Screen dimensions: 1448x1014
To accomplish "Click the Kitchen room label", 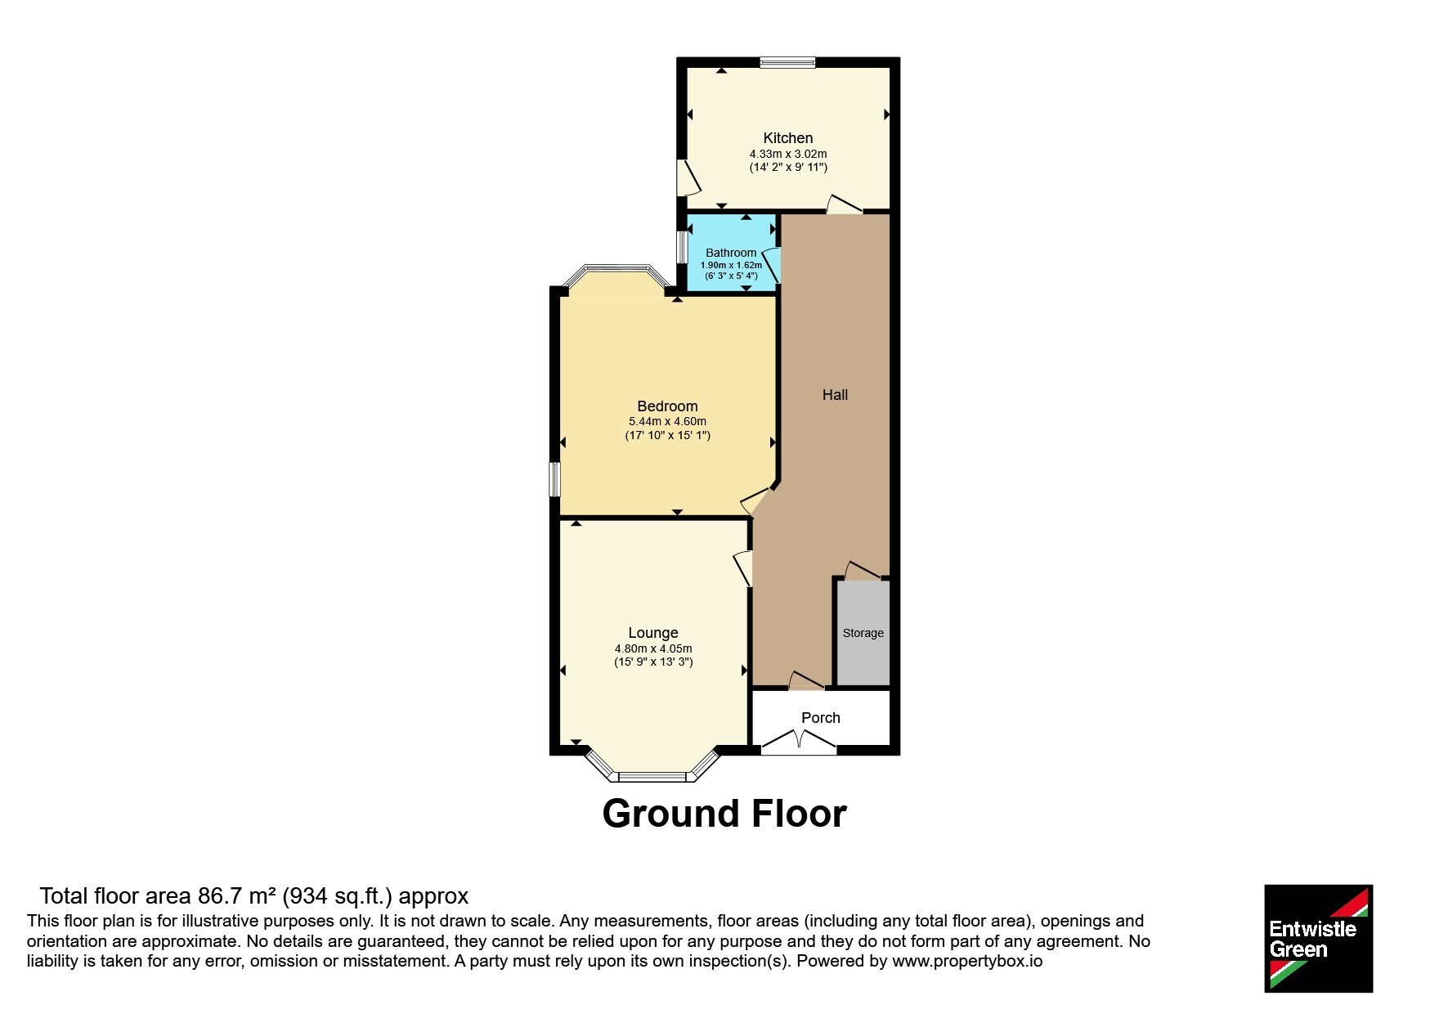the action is (787, 138).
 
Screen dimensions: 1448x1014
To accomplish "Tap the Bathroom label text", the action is (731, 253).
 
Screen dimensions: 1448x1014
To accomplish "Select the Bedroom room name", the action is (667, 406).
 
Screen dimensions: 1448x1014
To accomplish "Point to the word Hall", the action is (835, 395).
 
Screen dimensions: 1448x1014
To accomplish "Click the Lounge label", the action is (653, 633).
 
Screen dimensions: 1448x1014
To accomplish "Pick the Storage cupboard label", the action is (863, 633).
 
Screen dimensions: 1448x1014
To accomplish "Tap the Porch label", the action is (821, 718).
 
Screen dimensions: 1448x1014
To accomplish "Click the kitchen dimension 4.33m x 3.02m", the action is (788, 154).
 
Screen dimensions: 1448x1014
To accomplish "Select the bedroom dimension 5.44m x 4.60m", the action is (667, 422).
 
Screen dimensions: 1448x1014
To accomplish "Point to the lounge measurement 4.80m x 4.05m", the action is (653, 648).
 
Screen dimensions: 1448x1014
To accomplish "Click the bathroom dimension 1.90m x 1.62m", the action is (731, 265).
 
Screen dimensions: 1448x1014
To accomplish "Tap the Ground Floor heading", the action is (724, 814).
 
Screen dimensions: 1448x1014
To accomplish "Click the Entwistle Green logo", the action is (1318, 938).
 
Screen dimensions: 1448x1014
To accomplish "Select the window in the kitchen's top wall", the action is (787, 62).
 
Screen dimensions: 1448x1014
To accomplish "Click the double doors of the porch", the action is (799, 743).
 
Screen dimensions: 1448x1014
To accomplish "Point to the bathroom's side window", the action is (681, 247).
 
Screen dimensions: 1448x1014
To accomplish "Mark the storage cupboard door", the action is (863, 570).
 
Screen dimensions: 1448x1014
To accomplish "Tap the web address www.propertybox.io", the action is (967, 961).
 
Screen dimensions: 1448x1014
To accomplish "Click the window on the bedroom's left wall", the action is (554, 479).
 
